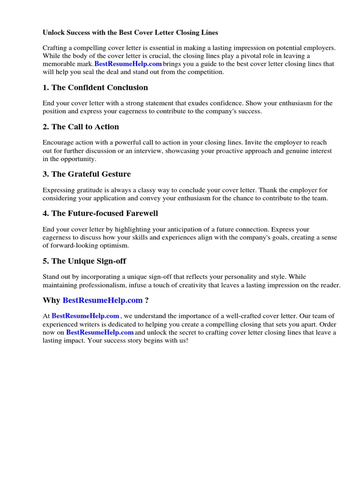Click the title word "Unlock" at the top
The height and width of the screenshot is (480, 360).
pyautogui.click(x=53, y=33)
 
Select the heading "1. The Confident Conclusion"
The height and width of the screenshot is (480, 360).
pyautogui.click(x=95, y=88)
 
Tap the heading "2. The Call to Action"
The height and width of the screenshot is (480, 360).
pyautogui.click(x=81, y=127)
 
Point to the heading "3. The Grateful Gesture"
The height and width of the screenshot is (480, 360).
pyautogui.click(x=87, y=174)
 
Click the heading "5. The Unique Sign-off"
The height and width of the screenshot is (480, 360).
pyautogui.click(x=84, y=261)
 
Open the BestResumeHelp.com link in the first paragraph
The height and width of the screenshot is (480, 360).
pyautogui.click(x=128, y=64)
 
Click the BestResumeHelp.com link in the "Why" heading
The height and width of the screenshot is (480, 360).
pyautogui.click(x=102, y=300)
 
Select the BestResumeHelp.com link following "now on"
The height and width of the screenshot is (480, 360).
pyautogui.click(x=100, y=332)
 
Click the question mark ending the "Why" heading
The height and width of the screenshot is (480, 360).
pyautogui.click(x=147, y=300)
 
